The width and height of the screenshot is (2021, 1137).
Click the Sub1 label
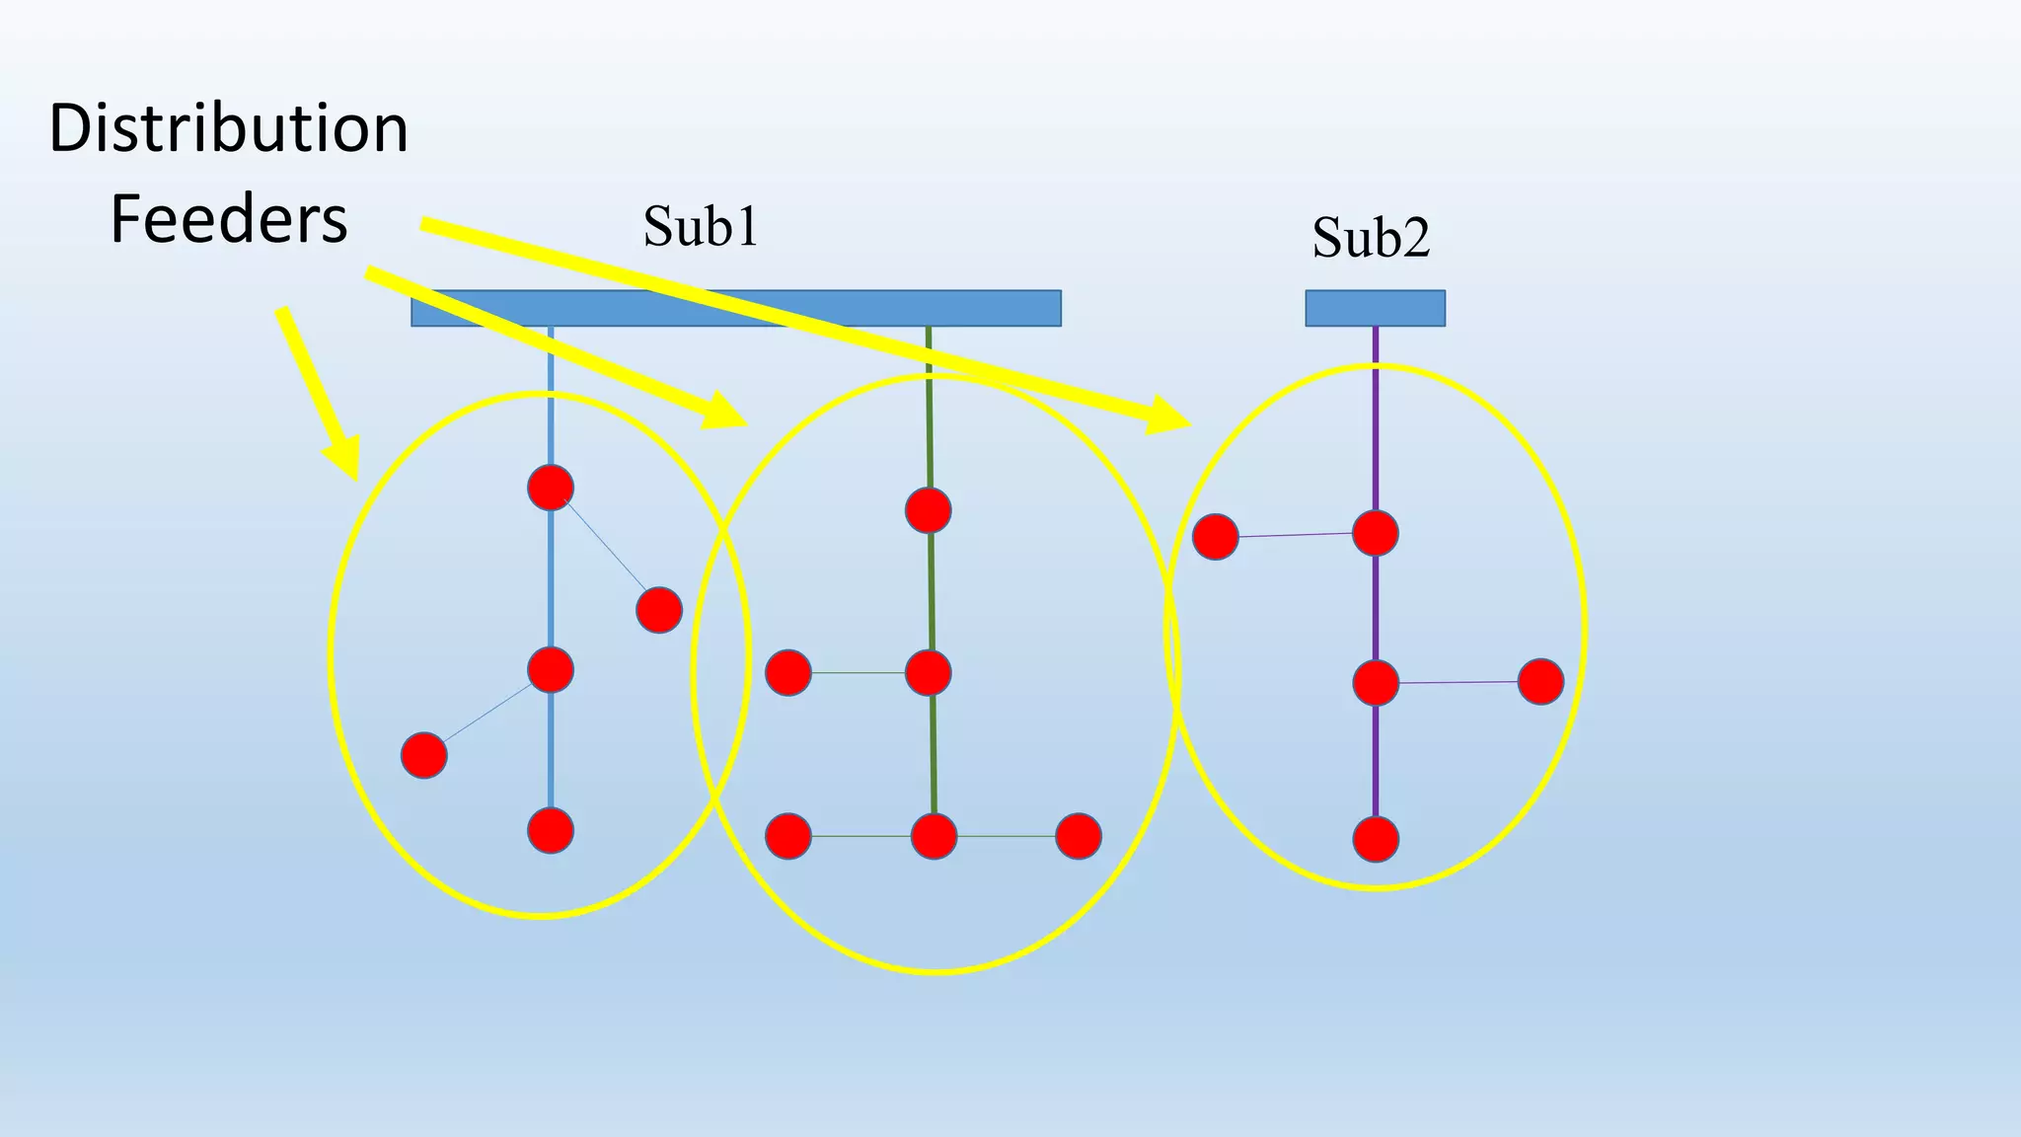701,226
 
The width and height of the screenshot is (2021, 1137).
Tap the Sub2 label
1371,237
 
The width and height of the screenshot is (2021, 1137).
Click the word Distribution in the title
228,128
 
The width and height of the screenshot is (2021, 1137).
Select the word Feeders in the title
228,219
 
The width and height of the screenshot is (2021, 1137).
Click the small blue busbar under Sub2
1375,308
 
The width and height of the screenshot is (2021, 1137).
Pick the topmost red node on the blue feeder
551,488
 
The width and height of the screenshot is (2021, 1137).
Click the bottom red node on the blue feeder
551,830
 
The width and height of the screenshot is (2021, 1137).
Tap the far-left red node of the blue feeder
424,756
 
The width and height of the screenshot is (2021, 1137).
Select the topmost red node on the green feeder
929,510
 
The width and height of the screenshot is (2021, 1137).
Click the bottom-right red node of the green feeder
1079,836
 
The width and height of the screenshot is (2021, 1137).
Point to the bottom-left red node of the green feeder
788,836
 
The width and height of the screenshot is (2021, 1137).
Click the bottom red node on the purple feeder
1376,840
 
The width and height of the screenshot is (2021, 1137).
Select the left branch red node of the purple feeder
1216,537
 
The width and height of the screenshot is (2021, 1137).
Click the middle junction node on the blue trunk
551,670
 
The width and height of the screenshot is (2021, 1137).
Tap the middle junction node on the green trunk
929,673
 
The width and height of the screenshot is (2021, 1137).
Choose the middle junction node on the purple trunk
1376,683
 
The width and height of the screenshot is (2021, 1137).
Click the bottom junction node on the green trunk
934,836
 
